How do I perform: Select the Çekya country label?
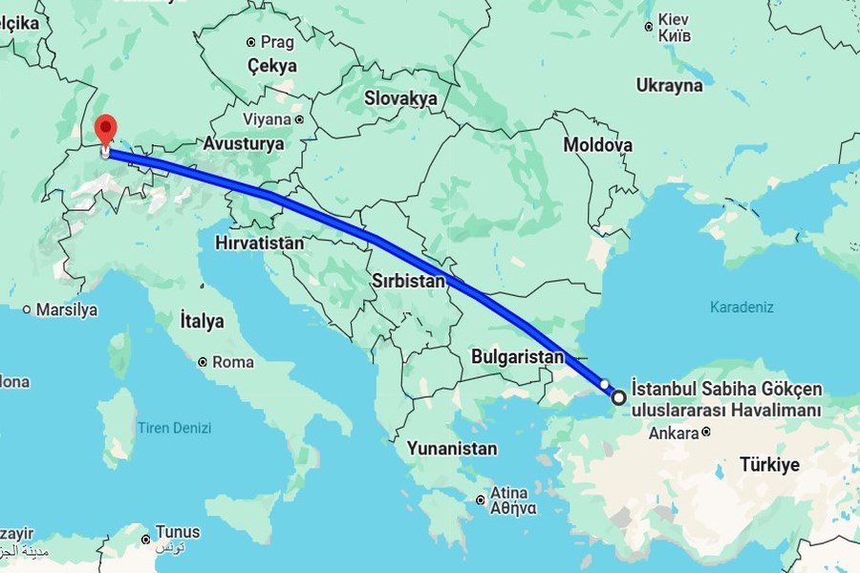pyautogui.click(x=272, y=66)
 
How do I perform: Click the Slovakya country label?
pyautogui.click(x=400, y=97)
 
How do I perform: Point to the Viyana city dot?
pyautogui.click(x=299, y=120)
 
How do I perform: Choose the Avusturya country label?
pyautogui.click(x=244, y=143)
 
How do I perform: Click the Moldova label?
pyautogui.click(x=598, y=145)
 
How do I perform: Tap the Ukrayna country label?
pyautogui.click(x=669, y=85)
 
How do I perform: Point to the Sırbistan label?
pyautogui.click(x=409, y=281)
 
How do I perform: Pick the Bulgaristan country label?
pyautogui.click(x=518, y=356)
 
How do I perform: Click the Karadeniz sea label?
pyautogui.click(x=742, y=308)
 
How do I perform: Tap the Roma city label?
pyautogui.click(x=233, y=362)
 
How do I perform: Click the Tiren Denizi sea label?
pyautogui.click(x=174, y=429)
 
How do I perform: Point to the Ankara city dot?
pyautogui.click(x=705, y=433)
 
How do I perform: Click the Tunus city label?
pyautogui.click(x=179, y=532)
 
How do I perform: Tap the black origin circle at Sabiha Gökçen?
pyautogui.click(x=619, y=397)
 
